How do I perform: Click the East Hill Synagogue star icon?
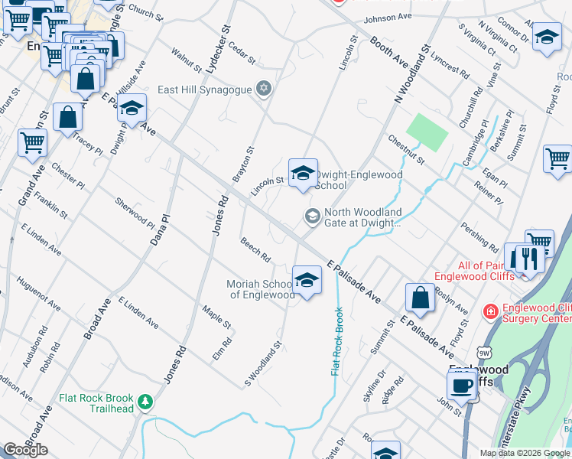264,90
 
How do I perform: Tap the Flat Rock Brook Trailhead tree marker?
144,401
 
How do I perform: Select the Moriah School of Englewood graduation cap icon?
307,281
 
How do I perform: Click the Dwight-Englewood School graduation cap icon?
303,174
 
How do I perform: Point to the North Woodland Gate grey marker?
311,216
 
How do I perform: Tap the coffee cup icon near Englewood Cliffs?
462,386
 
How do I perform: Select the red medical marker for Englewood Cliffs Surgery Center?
489,312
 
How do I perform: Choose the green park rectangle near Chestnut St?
426,132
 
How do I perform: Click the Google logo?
25,450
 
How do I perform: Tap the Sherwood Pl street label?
134,210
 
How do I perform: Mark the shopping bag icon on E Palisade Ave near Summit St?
420,298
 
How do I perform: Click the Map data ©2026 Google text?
525,453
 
